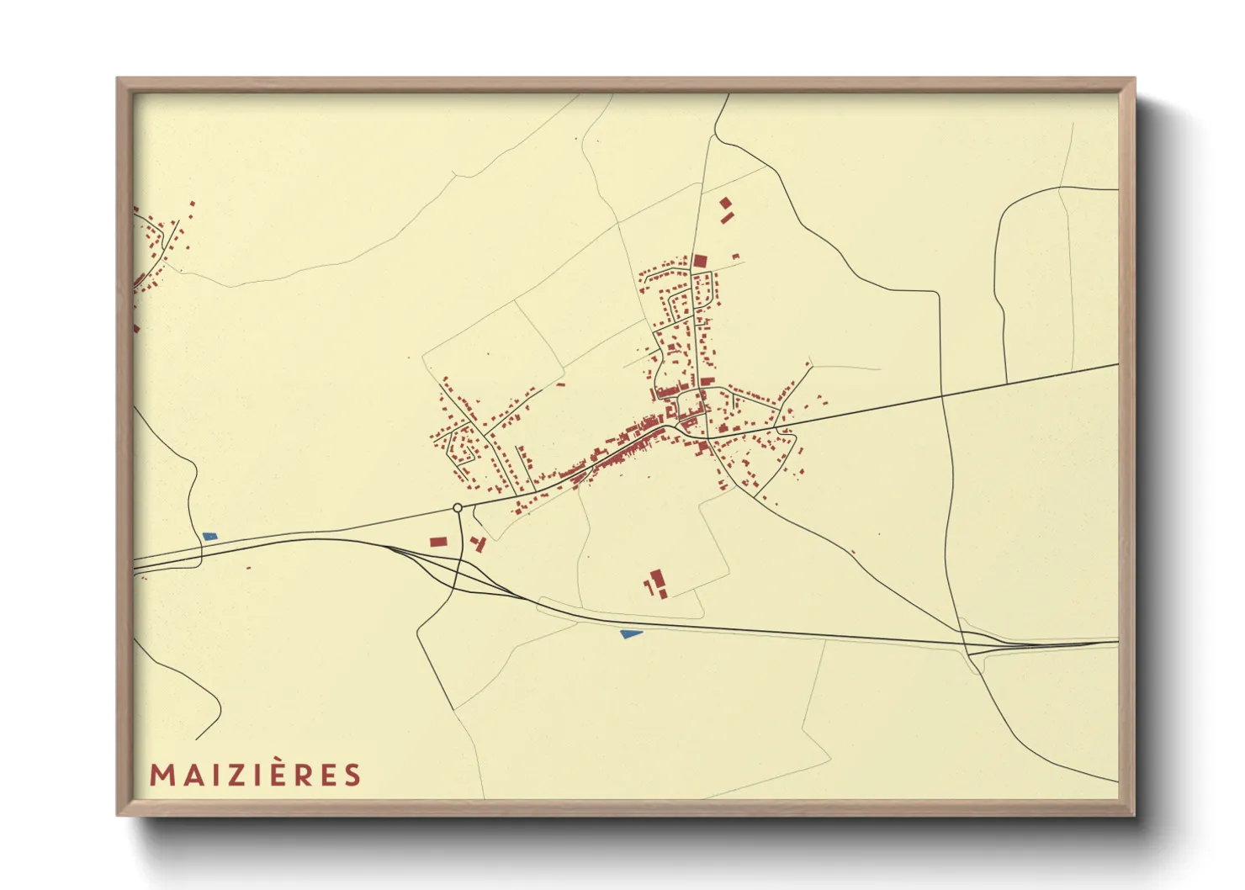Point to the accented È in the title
[278, 773]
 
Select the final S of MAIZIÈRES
[352, 775]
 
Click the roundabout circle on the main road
[458, 508]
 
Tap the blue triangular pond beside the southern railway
[630, 633]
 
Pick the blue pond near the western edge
[209, 536]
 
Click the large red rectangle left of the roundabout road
[437, 543]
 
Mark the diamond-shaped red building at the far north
[725, 203]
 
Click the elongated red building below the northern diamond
[728, 218]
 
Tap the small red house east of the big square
[735, 256]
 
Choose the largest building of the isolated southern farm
[657, 577]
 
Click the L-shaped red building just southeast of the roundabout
[479, 544]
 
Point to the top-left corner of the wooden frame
[118, 79]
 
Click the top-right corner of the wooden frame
[1134, 79]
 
